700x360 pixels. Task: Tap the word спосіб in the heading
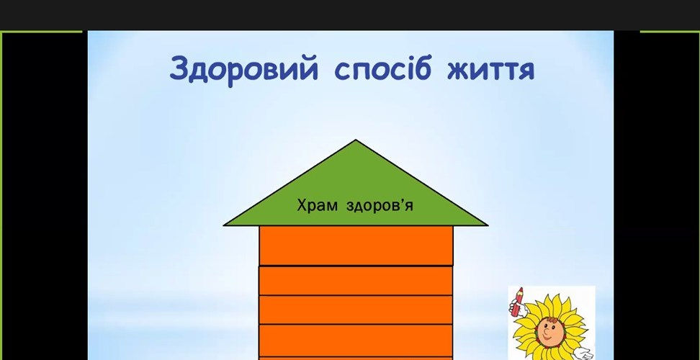pos(382,68)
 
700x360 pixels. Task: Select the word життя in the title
pos(490,71)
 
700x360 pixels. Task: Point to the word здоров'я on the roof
pos(380,206)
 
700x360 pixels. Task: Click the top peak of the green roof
pos(355,140)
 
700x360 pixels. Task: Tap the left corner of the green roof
pos(224,225)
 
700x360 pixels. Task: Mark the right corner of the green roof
pos(487,225)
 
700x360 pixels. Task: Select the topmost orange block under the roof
pos(356,246)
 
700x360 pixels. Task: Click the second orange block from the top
pos(356,281)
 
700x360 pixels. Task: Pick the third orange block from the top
pos(356,310)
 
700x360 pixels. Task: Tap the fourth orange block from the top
pos(356,341)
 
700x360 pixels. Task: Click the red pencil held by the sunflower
pos(518,301)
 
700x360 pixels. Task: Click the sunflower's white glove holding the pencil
pos(520,307)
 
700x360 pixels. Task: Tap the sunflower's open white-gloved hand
pos(584,354)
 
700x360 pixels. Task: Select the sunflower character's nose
pos(547,332)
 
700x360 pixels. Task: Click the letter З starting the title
pos(180,68)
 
